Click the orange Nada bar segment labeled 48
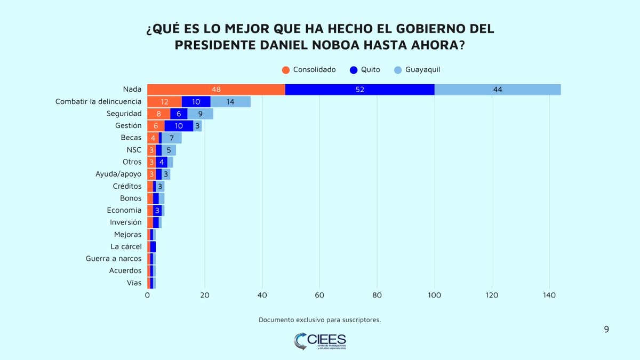216,90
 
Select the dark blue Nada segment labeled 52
359,90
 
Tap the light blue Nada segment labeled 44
498,90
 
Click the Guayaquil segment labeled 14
230,101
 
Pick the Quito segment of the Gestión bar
179,125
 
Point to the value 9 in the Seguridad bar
200,114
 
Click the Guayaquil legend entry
417,70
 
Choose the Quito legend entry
365,70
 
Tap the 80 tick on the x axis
377,295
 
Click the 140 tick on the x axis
549,295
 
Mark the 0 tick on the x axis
147,295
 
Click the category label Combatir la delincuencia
98,101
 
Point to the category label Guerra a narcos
114,259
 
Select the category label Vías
134,283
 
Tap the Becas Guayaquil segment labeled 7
171,138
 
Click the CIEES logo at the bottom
320,341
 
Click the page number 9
606,330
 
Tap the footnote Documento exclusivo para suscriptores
320,320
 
